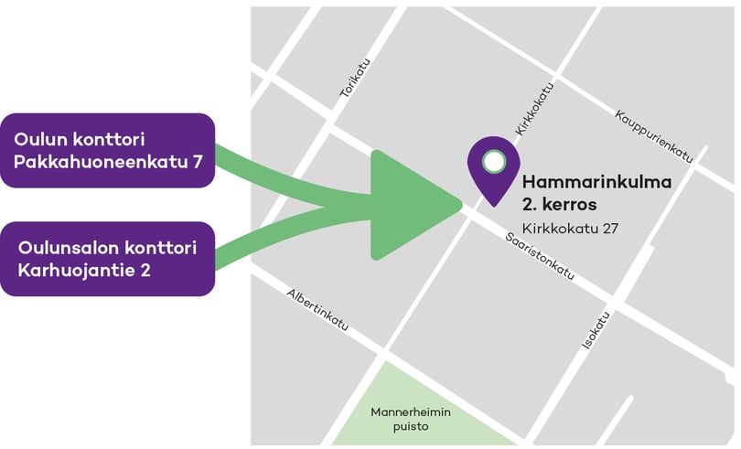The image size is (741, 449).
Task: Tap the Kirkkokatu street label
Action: tap(534, 111)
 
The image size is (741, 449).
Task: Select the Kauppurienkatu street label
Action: tap(654, 133)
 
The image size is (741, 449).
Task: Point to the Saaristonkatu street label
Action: tap(540, 255)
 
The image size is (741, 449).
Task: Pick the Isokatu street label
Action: tap(596, 331)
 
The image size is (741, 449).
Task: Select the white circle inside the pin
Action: tap(494, 162)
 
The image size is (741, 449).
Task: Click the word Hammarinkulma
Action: tap(596, 182)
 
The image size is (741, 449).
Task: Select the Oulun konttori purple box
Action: tap(108, 151)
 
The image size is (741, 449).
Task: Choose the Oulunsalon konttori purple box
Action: tap(108, 259)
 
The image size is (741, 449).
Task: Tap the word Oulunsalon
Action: tap(69, 248)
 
